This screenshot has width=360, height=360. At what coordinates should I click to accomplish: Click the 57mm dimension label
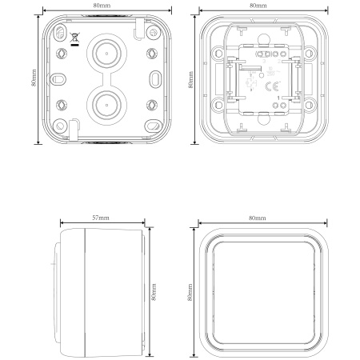[x=101, y=218]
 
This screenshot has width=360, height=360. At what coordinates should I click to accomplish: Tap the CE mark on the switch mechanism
[x=272, y=86]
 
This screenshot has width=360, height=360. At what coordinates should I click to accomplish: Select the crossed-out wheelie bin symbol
[x=74, y=39]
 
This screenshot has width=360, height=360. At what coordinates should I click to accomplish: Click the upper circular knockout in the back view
[x=106, y=54]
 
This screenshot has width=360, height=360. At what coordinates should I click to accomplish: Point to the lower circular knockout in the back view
[x=106, y=105]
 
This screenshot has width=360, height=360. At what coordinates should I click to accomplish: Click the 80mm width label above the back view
[x=102, y=6]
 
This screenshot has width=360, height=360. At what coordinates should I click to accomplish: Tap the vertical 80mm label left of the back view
[x=34, y=78]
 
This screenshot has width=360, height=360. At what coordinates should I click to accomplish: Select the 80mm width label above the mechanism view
[x=258, y=6]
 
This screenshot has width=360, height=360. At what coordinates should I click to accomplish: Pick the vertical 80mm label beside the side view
[x=154, y=292]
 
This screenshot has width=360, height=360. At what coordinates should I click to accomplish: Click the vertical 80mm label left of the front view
[x=190, y=292]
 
